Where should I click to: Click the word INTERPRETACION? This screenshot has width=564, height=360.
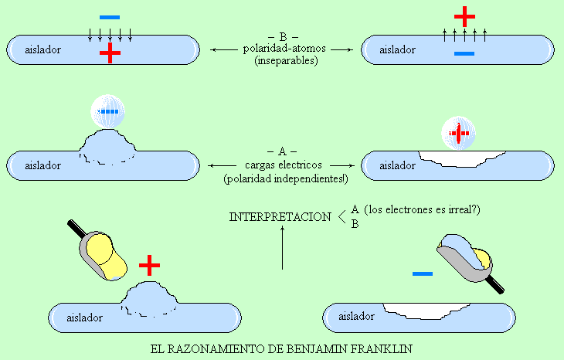[x=280, y=217]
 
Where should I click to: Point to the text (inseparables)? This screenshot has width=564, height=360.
[x=286, y=60]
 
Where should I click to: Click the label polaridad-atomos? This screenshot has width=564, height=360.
[x=284, y=48]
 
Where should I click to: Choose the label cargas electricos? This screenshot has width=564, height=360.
[x=284, y=165]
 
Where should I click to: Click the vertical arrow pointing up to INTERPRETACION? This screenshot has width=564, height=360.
[x=282, y=247]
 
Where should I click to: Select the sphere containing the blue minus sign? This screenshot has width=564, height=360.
[x=107, y=111]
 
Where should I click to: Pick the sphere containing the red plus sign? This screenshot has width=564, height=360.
[x=458, y=133]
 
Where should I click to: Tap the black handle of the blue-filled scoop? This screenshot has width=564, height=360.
[x=495, y=285]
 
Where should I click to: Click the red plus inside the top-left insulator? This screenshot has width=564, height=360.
[x=110, y=53]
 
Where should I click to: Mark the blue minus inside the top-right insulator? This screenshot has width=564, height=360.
[x=464, y=53]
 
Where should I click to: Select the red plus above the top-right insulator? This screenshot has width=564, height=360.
[x=464, y=16]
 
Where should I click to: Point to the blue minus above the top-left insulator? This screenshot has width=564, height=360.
[x=110, y=17]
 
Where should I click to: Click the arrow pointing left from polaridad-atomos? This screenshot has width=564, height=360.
[x=224, y=49]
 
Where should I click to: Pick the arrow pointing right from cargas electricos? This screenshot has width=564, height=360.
[x=342, y=165]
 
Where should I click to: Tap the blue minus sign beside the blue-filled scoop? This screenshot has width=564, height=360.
[x=423, y=273]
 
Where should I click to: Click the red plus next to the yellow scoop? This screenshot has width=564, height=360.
[x=149, y=266]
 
